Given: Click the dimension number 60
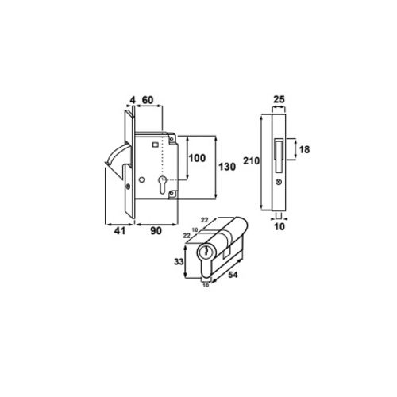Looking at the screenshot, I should [x=148, y=100].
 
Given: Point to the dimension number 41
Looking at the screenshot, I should [x=118, y=233].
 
